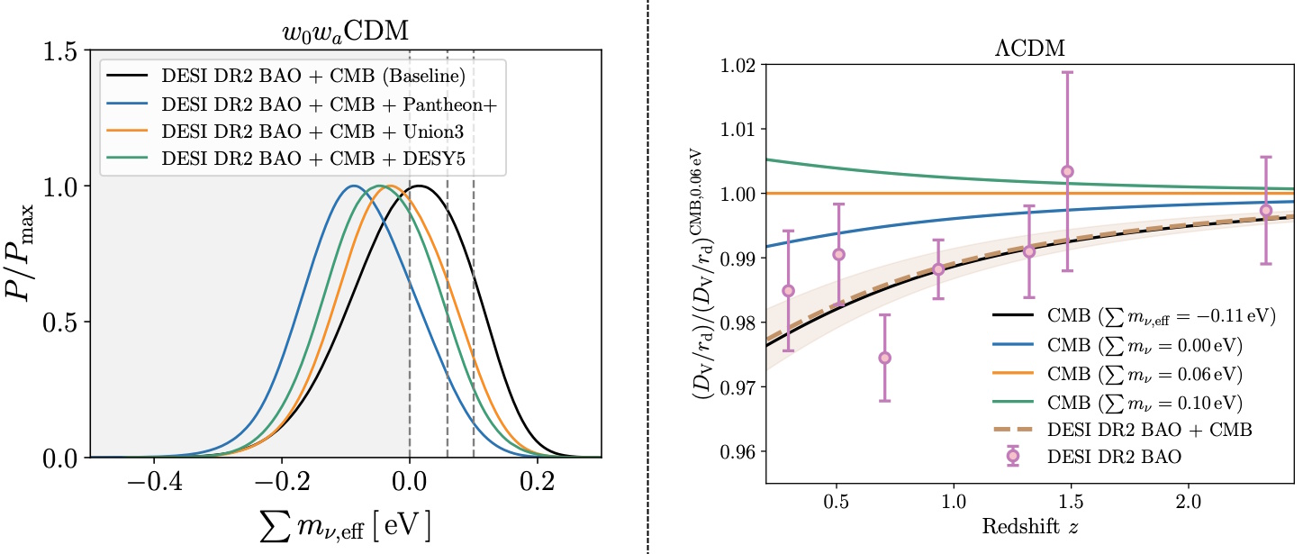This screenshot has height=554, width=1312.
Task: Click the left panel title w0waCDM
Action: [346, 34]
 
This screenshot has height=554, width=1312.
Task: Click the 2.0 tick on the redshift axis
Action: [1189, 499]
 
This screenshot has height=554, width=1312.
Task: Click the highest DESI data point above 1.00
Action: [1067, 171]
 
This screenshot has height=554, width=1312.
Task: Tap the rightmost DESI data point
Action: [1265, 210]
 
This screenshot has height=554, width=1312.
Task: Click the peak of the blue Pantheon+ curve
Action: [353, 186]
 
